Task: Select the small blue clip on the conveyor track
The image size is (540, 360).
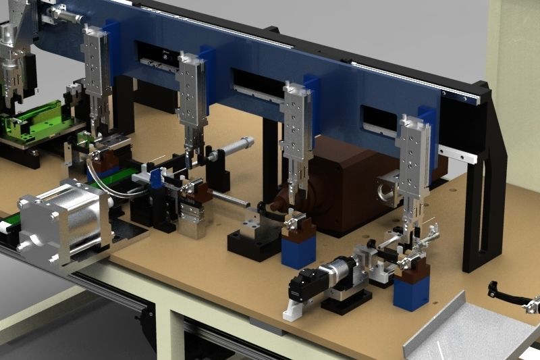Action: tap(156, 180)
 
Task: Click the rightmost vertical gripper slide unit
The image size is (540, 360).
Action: tap(414, 162)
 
